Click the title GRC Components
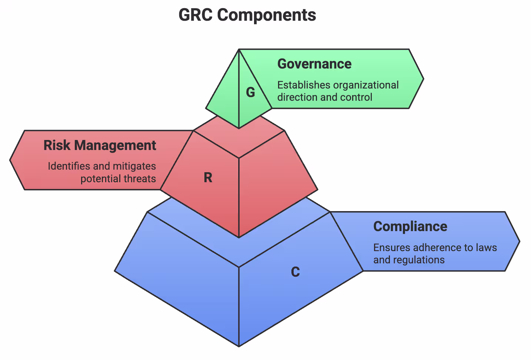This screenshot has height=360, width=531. point(247,15)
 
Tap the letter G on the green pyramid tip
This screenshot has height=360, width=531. point(251,92)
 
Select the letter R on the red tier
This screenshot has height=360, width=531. point(208,178)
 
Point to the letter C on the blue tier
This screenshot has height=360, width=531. point(295,272)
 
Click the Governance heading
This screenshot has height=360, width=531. point(314,64)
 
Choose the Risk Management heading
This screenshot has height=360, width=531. point(100,145)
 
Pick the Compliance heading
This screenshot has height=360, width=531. point(410,226)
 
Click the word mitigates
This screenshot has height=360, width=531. point(134,166)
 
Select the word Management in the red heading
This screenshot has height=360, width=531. point(115,145)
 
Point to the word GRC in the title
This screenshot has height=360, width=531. point(196,15)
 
